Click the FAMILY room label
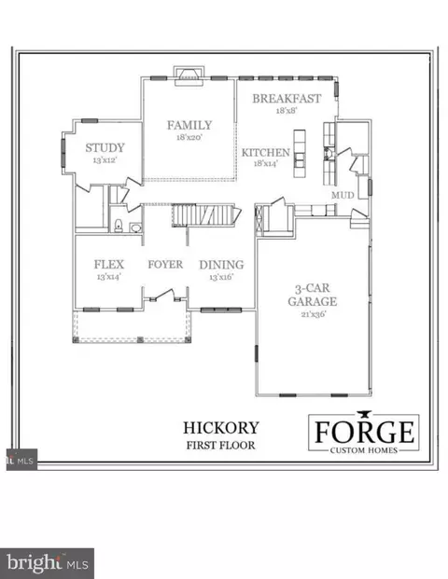click(189, 125)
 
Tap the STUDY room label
click(105, 147)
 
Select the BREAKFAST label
click(287, 98)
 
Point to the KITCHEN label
click(266, 152)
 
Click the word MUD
click(343, 195)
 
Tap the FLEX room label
click(109, 265)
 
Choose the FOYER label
click(165, 265)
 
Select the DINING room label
click(221, 265)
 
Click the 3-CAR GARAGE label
click(313, 295)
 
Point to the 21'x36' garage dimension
click(314, 314)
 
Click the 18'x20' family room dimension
click(189, 137)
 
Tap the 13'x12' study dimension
click(105, 160)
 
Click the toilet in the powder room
click(119, 226)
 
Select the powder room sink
click(135, 227)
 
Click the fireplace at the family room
click(189, 76)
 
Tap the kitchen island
click(300, 154)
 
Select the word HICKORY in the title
click(221, 428)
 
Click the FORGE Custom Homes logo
click(364, 433)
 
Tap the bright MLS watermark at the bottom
click(47, 563)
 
